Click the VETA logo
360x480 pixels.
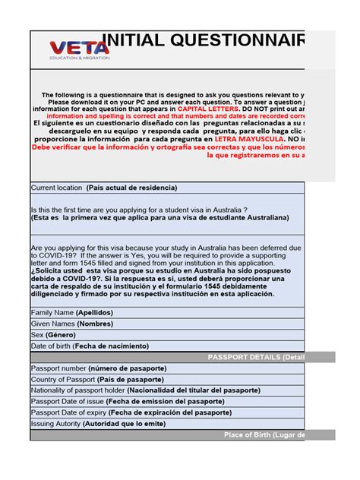[x=79, y=49]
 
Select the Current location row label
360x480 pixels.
[x=103, y=188]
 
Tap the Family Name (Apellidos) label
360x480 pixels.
[x=71, y=312]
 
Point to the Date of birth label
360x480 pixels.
[x=90, y=346]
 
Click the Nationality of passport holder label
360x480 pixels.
[x=144, y=390]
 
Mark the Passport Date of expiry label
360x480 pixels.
[x=131, y=412]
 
